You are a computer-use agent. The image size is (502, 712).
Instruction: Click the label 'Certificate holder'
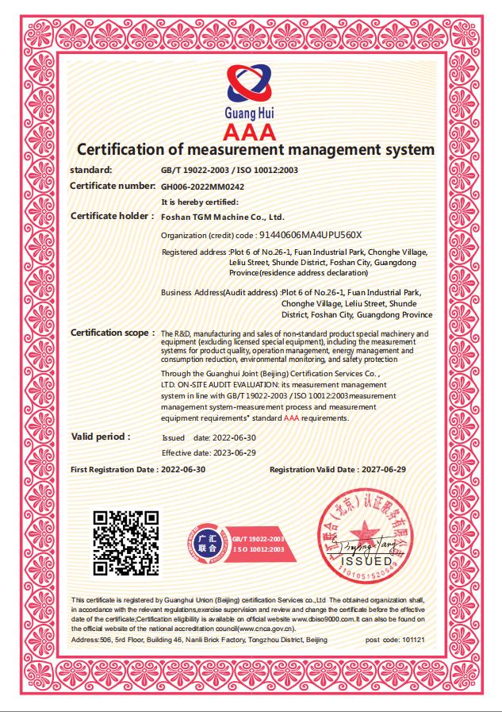(x=111, y=216)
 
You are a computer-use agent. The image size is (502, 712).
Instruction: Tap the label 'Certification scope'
(x=112, y=333)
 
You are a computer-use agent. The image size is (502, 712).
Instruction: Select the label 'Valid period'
(x=101, y=437)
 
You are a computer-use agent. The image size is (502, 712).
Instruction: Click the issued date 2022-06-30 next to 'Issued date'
(x=234, y=437)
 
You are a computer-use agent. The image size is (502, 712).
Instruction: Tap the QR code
(x=126, y=544)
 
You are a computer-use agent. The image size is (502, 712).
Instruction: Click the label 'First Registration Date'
(x=113, y=470)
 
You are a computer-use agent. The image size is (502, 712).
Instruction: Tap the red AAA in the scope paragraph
(x=291, y=418)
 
